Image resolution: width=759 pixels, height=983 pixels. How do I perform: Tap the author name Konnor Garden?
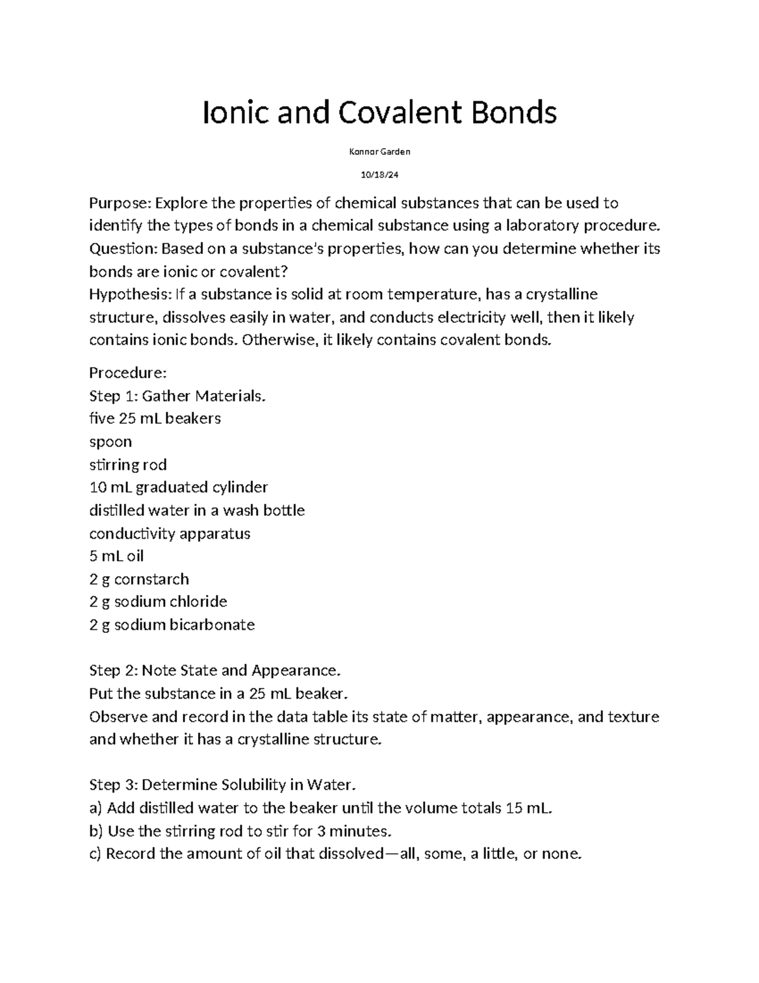[379, 152]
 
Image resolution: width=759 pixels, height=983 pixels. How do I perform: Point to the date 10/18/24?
[379, 175]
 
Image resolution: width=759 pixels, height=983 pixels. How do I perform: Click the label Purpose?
[120, 204]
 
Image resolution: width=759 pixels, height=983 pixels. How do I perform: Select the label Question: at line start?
[123, 249]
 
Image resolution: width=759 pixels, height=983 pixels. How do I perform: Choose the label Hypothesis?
[130, 295]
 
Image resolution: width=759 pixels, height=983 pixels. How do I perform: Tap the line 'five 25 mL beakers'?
[155, 418]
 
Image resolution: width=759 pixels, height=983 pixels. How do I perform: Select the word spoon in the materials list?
[111, 442]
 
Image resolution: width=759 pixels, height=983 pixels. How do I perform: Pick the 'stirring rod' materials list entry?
[128, 465]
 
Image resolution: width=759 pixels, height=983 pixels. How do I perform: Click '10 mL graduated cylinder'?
[178, 487]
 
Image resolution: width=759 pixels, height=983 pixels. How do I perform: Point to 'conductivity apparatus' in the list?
[170, 534]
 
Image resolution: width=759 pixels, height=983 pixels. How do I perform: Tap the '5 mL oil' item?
[116, 556]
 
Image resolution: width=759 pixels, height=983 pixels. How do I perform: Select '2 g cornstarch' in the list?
[139, 579]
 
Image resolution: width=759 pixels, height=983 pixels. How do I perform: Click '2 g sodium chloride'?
[158, 601]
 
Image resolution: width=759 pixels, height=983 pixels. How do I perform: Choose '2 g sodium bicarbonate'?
[172, 625]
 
